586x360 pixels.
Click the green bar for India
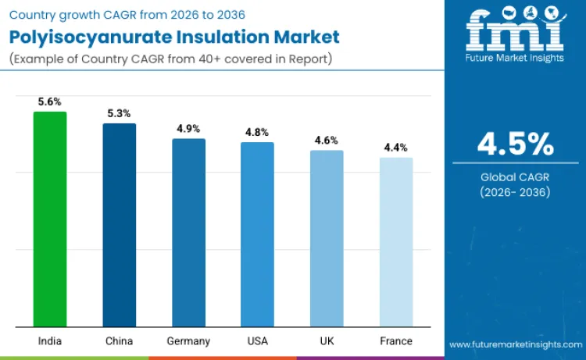point(49,219)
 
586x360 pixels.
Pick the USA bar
point(257,234)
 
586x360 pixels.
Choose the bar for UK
point(327,238)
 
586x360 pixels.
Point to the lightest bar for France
point(396,242)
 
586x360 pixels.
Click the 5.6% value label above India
point(49,102)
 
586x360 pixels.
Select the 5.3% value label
point(119,113)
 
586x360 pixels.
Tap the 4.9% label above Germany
point(188,129)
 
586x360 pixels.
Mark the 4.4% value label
point(396,148)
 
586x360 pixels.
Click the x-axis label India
point(49,341)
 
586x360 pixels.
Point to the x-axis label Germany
point(188,341)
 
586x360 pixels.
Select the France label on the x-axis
point(396,341)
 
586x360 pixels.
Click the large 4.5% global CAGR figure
point(515,144)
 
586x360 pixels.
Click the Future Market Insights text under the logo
point(515,59)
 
